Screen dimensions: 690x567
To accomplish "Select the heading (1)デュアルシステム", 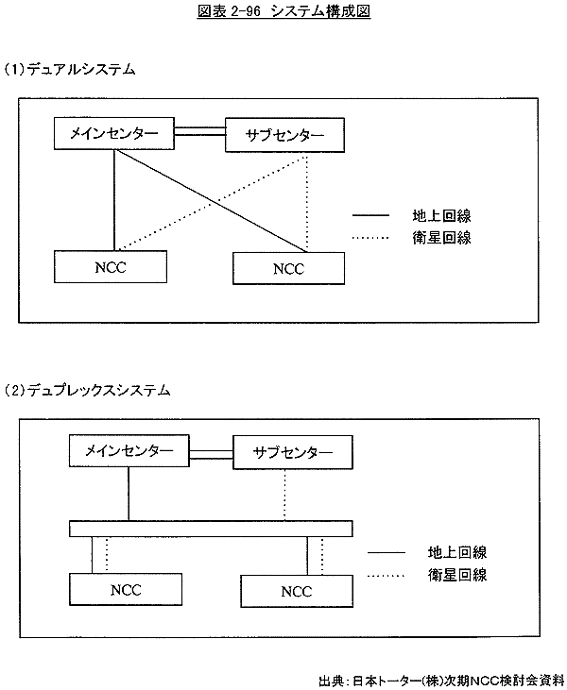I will (x=70, y=70).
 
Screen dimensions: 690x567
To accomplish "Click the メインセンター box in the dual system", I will (x=114, y=133).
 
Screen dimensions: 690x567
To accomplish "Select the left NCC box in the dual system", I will (x=111, y=265).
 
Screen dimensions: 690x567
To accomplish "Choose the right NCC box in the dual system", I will (x=287, y=268).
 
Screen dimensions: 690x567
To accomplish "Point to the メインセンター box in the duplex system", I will (x=129, y=450).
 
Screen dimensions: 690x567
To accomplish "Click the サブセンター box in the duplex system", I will (x=292, y=452).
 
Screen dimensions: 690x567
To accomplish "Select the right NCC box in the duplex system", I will (x=296, y=591).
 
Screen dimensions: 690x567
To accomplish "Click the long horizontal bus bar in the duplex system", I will (x=211, y=528).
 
